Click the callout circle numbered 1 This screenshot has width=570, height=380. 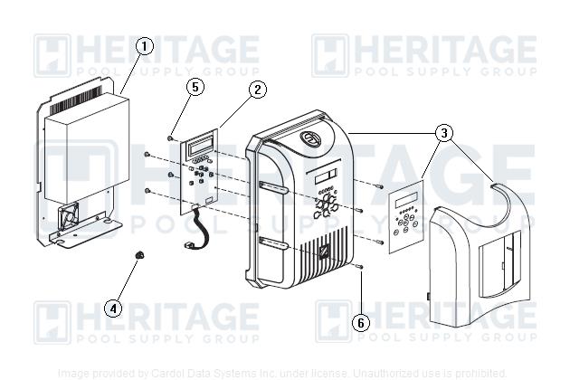pos(145,45)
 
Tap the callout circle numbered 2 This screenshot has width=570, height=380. pos(258,89)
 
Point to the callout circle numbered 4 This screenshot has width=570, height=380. pos(113,308)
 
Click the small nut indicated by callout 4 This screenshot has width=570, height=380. pos(139,257)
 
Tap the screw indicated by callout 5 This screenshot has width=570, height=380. pos(170,138)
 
